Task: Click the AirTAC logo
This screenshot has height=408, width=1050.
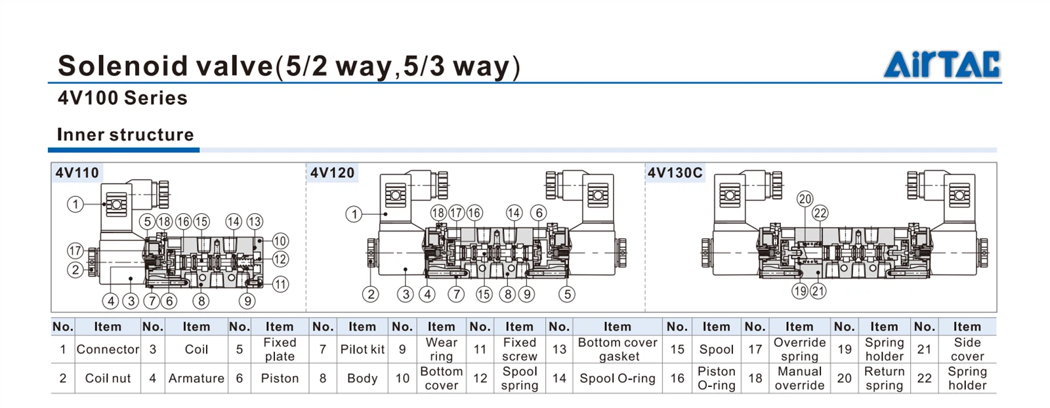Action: coord(942,64)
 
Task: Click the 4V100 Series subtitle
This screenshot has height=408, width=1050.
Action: coord(123,98)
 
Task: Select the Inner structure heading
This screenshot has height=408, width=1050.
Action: coord(125,134)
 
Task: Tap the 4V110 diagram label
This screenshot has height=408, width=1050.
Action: coord(77,173)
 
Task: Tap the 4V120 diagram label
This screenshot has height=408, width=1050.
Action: coord(333,173)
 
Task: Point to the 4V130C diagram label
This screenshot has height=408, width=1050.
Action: coord(675,173)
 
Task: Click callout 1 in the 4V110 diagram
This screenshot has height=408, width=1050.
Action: coord(75,204)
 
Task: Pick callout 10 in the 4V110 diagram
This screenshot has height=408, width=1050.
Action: coord(280,241)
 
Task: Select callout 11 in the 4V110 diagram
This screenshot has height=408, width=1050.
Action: coord(280,284)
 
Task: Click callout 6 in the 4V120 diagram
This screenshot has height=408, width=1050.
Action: coord(539,213)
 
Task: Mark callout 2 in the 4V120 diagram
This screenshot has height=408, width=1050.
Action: coord(371,294)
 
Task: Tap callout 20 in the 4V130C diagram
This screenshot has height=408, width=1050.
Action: coord(805,199)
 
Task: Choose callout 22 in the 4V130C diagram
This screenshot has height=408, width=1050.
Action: coord(820,213)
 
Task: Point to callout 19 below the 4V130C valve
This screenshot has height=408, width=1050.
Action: coord(799,291)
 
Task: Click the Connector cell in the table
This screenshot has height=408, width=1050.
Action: coord(108,350)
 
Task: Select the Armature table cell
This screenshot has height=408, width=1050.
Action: coord(196,378)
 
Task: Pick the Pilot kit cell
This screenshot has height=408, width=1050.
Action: coord(362,350)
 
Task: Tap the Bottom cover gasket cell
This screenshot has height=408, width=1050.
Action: coord(618,350)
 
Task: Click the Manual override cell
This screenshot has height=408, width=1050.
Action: coord(799,378)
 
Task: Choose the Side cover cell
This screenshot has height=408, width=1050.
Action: coord(967,350)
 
